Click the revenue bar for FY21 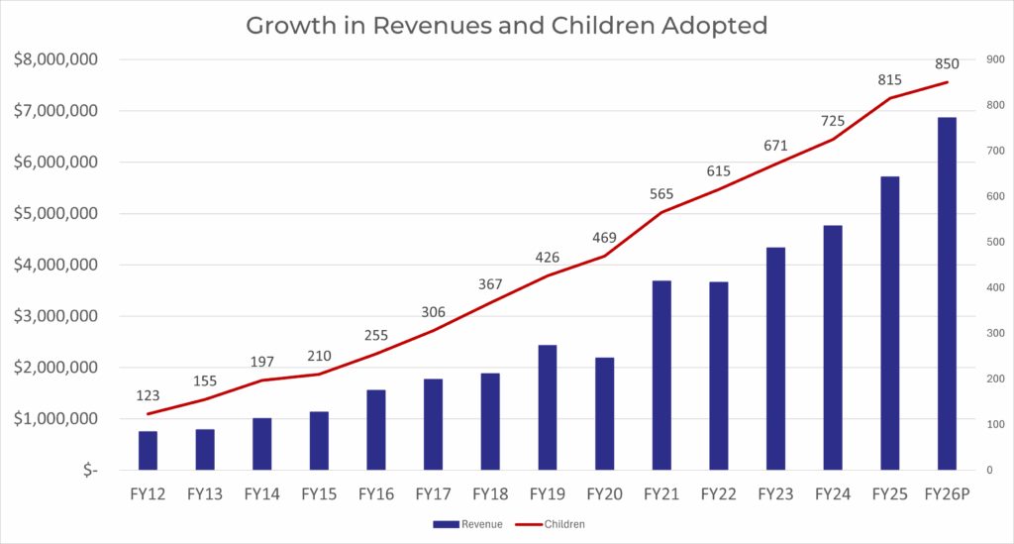coord(661,376)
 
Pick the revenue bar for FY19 coord(548,407)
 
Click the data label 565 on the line coord(660,194)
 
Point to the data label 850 coord(947,64)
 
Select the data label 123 coord(149,395)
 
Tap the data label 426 coord(548,259)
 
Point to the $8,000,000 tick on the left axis coord(55,59)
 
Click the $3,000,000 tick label coord(55,317)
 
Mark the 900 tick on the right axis coord(990,59)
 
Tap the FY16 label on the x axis coord(376,493)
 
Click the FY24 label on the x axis coord(833,493)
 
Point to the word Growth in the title coord(288,25)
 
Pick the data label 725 coord(833,121)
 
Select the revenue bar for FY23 coord(775,358)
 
